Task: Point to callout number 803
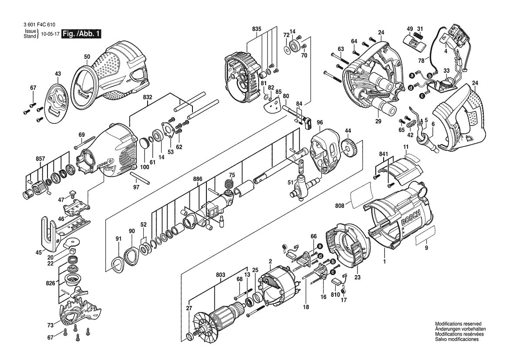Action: [221, 275]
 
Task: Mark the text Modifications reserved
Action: [458, 324]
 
